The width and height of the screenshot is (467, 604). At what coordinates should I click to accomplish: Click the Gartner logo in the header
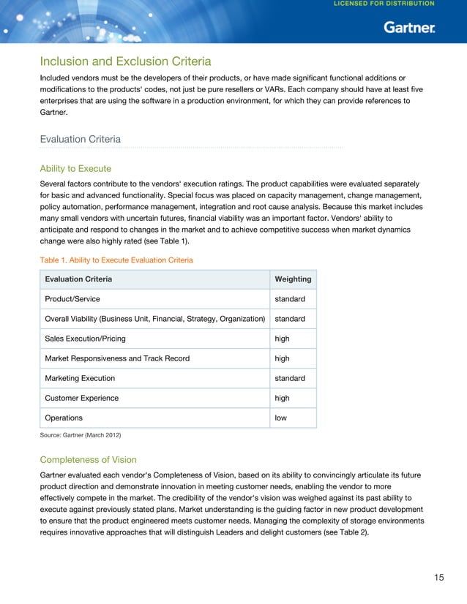click(x=409, y=28)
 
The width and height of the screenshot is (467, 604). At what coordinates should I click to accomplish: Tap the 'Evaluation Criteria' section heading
click(x=80, y=139)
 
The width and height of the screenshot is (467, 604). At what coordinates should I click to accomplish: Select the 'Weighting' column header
click(x=292, y=279)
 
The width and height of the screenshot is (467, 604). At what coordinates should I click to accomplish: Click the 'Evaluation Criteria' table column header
click(x=78, y=279)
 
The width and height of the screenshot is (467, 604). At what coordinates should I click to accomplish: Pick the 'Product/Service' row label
click(x=72, y=299)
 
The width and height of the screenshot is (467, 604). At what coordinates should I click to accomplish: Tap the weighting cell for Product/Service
click(x=290, y=299)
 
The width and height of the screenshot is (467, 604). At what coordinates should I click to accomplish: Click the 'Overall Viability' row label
click(x=154, y=319)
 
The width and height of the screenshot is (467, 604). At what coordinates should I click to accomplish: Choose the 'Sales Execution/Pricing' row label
click(x=85, y=339)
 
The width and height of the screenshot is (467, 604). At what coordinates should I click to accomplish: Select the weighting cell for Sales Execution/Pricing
click(x=282, y=339)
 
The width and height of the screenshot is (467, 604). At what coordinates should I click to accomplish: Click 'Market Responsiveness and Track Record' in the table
click(x=117, y=358)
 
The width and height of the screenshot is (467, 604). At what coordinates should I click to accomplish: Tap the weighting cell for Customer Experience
click(x=282, y=398)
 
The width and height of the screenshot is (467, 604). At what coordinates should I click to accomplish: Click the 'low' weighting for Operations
click(x=280, y=418)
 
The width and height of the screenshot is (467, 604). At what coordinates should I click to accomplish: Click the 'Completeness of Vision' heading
click(x=88, y=460)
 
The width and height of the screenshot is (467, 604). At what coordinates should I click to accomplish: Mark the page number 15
click(x=438, y=578)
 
